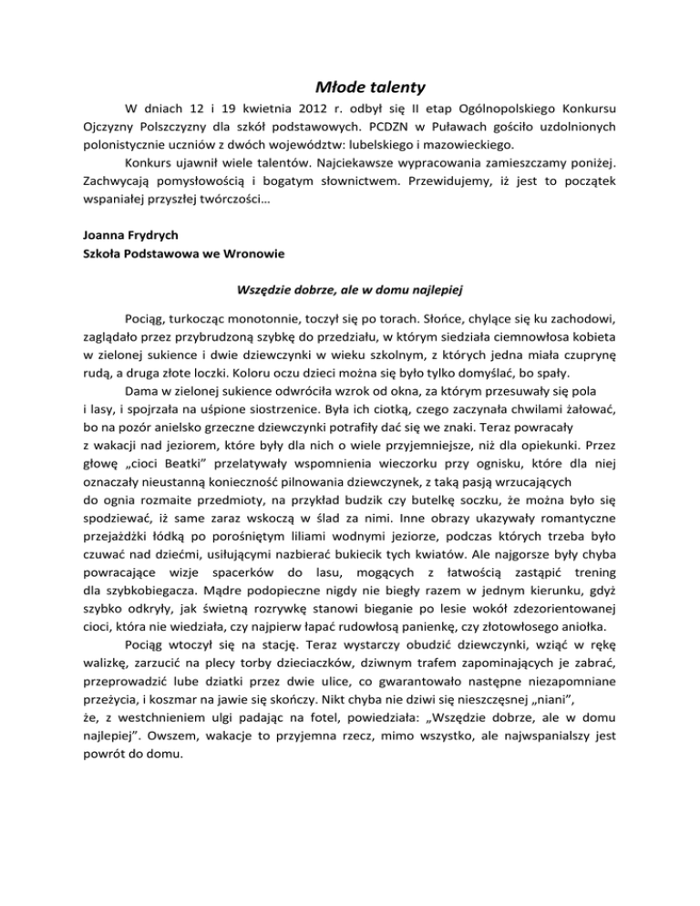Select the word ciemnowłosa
[536, 346]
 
